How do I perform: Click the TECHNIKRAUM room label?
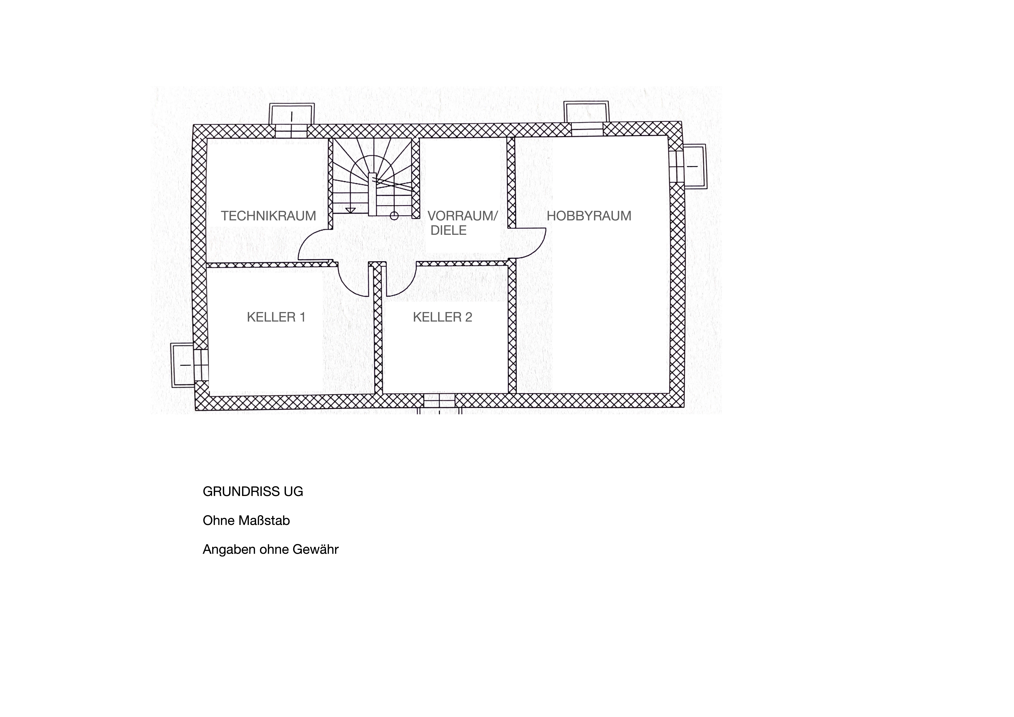[268, 216]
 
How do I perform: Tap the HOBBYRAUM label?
[589, 216]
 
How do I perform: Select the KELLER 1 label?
[276, 317]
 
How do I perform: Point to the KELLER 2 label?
[443, 317]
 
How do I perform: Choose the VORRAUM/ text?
[462, 216]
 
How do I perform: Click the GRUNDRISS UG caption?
[253, 492]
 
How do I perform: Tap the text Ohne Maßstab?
[246, 521]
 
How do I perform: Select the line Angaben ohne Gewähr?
[270, 550]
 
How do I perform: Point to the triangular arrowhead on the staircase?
[351, 210]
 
